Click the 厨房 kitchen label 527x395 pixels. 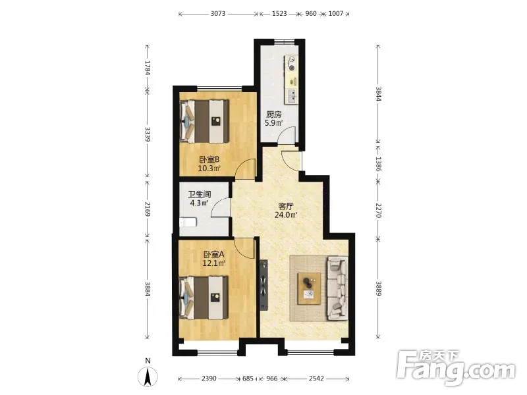click(273, 115)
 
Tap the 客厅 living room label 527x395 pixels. click(286, 206)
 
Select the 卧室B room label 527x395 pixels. click(209, 159)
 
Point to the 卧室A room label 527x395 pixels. click(213, 255)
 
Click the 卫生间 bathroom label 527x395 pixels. click(200, 194)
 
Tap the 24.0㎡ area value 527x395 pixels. click(286, 215)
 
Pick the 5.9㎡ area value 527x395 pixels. click(273, 123)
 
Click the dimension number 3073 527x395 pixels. click(218, 14)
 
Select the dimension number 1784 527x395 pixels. click(147, 68)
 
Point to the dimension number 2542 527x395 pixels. click(316, 379)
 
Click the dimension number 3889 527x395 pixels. click(378, 288)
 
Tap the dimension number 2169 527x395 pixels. click(147, 209)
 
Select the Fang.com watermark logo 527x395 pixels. click(456, 368)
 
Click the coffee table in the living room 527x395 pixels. click(309, 289)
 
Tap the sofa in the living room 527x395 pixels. click(337, 288)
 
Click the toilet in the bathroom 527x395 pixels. click(188, 223)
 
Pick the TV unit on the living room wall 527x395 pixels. click(263, 284)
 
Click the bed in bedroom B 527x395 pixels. click(204, 121)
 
